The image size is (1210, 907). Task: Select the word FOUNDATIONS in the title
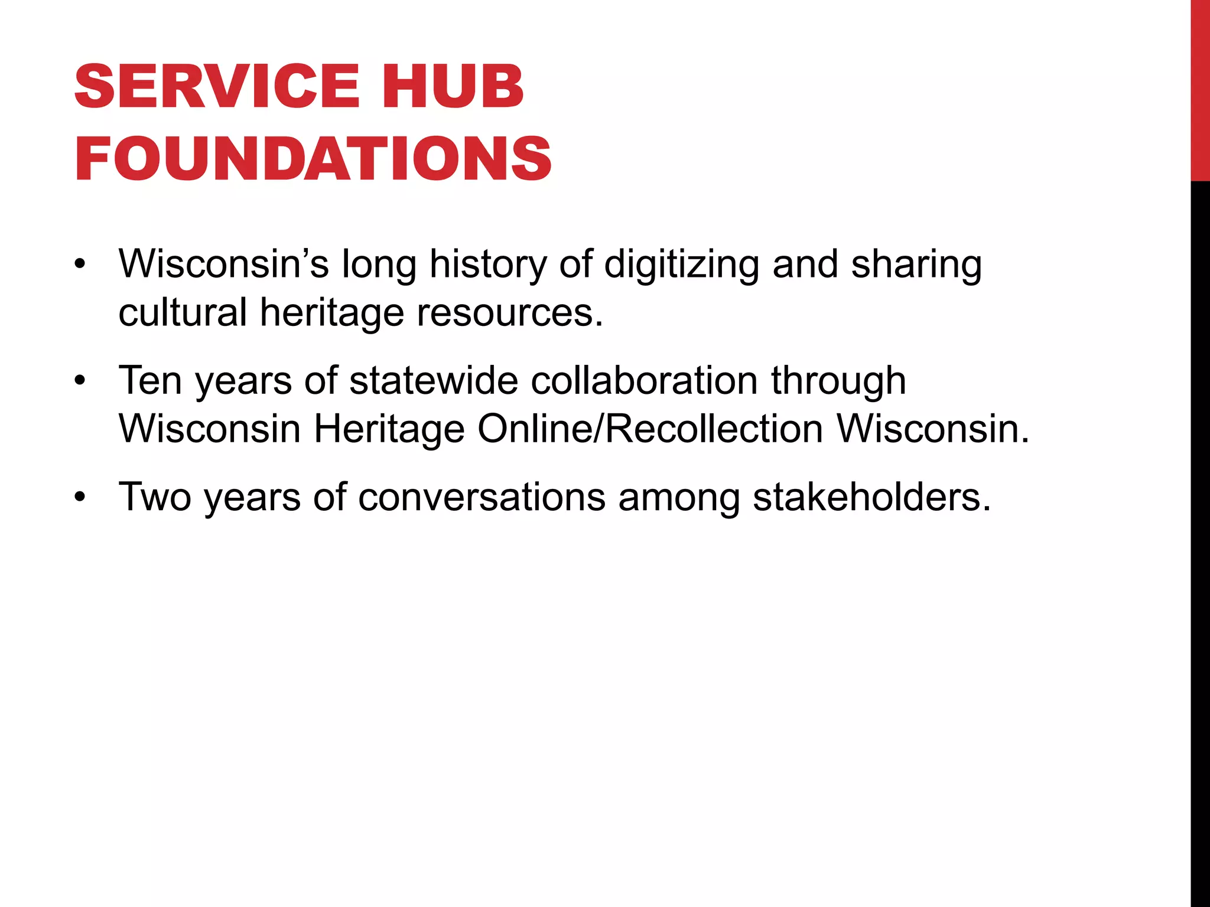click(x=313, y=159)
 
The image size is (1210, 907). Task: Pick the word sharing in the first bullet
click(x=916, y=265)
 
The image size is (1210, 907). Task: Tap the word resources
click(x=510, y=313)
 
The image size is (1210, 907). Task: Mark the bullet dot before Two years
click(x=80, y=497)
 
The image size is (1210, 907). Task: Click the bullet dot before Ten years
click(x=80, y=381)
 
